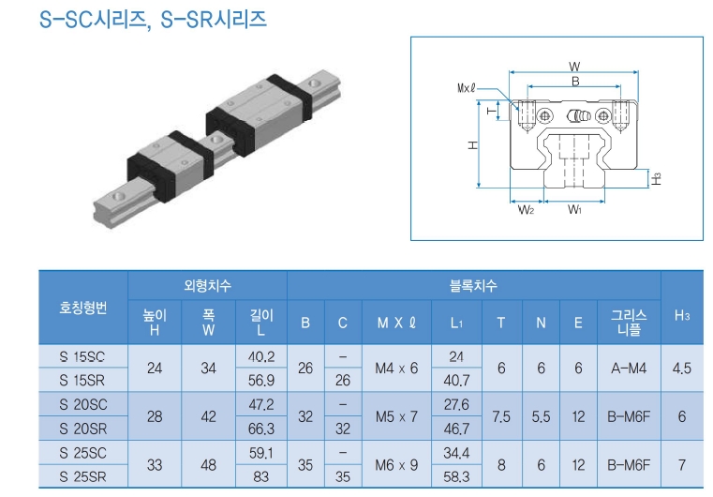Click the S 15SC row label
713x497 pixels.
82,357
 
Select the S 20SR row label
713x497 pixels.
82,428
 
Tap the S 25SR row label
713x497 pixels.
82,476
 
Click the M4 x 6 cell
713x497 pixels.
396,369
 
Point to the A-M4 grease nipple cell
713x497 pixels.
628,369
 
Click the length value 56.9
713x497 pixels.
261,381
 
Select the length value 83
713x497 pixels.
261,476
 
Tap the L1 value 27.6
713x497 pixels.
457,405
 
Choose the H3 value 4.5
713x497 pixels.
681,369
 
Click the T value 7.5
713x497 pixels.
501,416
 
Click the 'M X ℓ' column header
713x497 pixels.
396,323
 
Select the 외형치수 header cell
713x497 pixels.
208,285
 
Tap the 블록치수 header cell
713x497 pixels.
474,285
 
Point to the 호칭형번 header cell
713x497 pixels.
82,307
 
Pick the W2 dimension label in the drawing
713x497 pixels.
527,210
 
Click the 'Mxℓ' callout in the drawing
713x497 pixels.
466,88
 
